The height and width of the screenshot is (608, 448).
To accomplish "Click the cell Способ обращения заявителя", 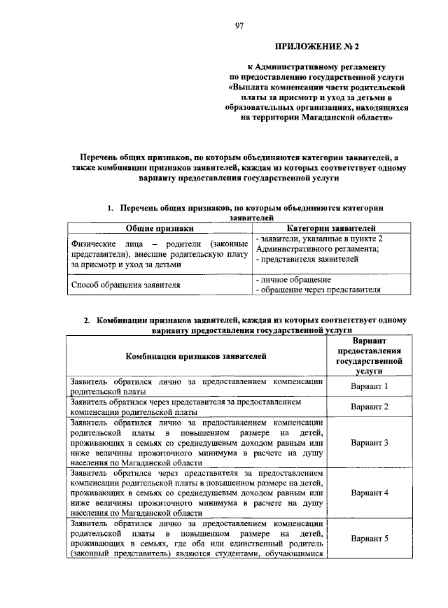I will (126, 285).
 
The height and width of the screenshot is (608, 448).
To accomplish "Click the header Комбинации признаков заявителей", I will (196, 356).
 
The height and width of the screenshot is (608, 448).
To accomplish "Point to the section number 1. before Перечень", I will (111, 208).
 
